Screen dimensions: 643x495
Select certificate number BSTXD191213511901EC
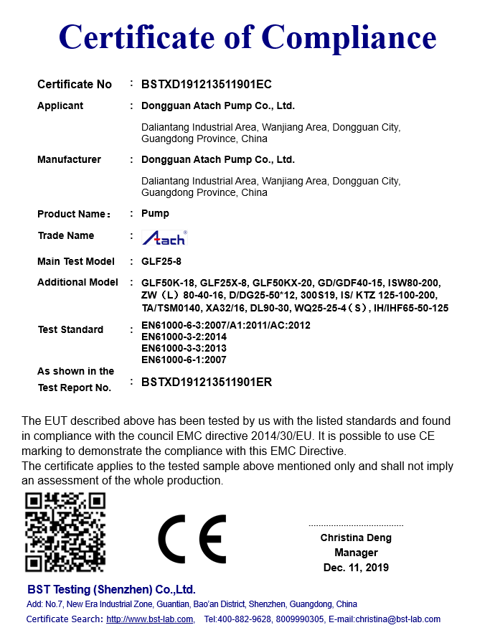tap(207, 84)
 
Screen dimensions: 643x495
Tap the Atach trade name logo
tap(164, 238)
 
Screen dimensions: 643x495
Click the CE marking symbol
tap(192, 538)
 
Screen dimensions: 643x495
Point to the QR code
tap(65, 532)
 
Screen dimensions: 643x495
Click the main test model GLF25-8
tap(161, 261)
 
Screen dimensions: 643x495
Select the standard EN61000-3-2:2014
tap(184, 337)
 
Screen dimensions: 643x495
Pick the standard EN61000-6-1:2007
tap(184, 360)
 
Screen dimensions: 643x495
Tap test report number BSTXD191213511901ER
tap(207, 382)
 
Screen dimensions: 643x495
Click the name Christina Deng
tap(356, 538)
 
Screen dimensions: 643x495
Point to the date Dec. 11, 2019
tap(356, 568)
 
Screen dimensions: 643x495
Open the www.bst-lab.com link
tap(150, 619)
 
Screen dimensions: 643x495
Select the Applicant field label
tap(60, 105)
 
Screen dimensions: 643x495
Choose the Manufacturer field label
tap(69, 159)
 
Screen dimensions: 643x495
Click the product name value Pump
tap(155, 213)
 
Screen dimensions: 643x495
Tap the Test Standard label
tap(70, 329)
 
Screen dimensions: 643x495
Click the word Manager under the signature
tap(356, 553)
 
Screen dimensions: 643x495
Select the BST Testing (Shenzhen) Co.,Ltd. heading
tap(111, 590)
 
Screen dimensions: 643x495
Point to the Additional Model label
tap(77, 282)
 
